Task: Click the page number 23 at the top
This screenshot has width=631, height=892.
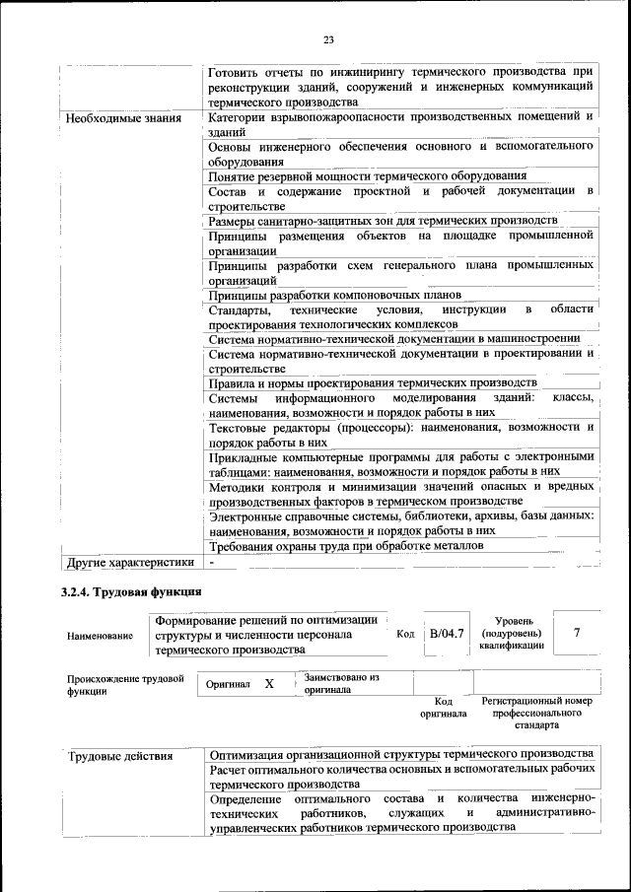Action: [x=328, y=39]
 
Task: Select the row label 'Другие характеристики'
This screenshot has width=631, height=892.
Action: [x=128, y=563]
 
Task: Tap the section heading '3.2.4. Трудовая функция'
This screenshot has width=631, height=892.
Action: [x=130, y=592]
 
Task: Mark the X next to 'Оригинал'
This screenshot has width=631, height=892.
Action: [x=269, y=683]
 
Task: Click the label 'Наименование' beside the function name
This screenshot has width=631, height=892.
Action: [x=101, y=637]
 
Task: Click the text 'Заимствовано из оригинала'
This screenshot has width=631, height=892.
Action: [x=342, y=684]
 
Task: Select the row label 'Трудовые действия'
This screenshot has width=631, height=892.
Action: [x=121, y=756]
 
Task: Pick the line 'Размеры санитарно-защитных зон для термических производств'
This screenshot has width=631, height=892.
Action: [x=384, y=220]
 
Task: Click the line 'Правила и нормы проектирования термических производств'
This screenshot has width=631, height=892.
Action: [x=373, y=382]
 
